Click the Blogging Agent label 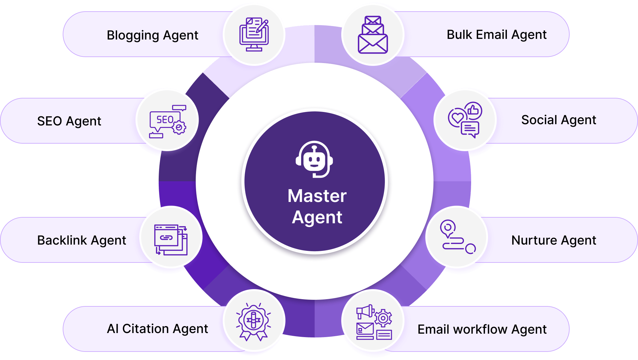point(152,35)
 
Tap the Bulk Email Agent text point(497,34)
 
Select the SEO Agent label point(69,121)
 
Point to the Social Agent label point(559,120)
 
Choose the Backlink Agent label point(82,240)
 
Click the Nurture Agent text point(554,240)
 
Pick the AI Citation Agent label point(157,329)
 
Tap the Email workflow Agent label point(482,329)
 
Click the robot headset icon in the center point(314,159)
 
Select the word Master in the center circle point(317,196)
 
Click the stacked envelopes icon point(373,35)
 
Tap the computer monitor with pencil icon point(254,34)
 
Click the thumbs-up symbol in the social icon point(473,110)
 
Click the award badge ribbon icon point(253,321)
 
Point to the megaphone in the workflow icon point(365,312)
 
